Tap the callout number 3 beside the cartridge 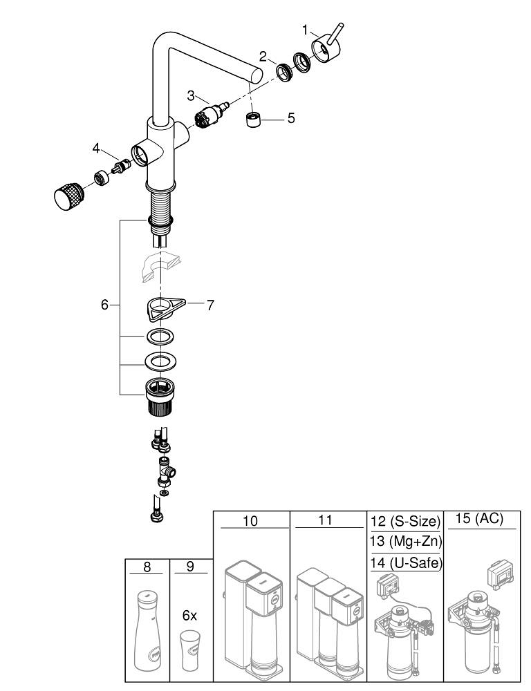tap(191, 96)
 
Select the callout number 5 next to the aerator tap(290, 118)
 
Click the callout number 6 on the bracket tap(105, 304)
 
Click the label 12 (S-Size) tap(404, 520)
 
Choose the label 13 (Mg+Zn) tap(404, 541)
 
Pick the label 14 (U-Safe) tap(404, 562)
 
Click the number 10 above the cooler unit tap(250, 520)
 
